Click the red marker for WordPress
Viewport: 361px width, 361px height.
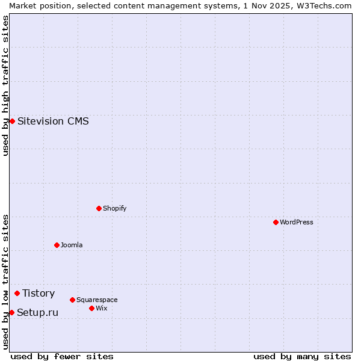point(276,222)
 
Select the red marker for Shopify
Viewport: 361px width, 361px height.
point(99,208)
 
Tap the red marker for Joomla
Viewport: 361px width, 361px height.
point(57,245)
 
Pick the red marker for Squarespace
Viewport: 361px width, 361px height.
point(72,300)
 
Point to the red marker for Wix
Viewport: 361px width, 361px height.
point(91,308)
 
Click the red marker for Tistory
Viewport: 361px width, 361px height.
point(17,293)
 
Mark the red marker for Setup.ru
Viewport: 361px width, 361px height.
point(11,312)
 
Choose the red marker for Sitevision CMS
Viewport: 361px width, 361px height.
point(12,121)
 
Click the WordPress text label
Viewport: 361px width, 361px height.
point(297,222)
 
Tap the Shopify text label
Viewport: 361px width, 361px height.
point(115,208)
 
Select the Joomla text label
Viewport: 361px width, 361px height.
point(72,245)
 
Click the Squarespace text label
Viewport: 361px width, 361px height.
point(97,300)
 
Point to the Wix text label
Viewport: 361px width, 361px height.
point(102,308)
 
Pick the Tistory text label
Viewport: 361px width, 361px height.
point(39,293)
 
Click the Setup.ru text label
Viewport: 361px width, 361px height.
point(37,312)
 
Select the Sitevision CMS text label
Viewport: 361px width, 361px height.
point(53,121)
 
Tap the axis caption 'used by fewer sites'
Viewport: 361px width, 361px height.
point(62,356)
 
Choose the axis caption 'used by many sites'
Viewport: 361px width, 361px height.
point(302,356)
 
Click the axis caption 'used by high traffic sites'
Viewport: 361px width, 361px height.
point(5,85)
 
